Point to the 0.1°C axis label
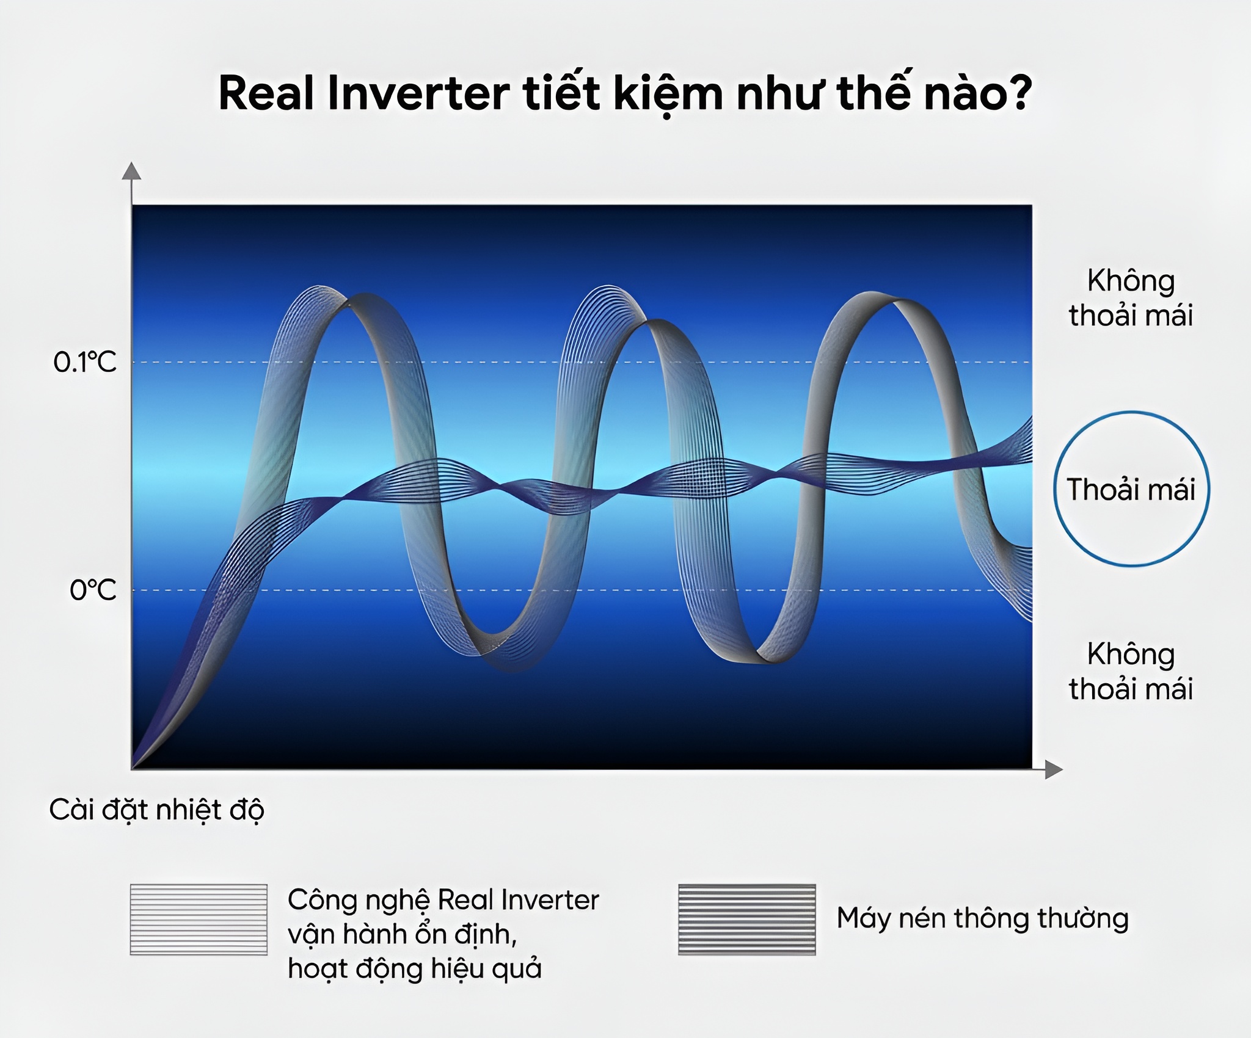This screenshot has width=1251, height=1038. click(x=85, y=363)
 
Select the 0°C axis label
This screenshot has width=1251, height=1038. click(x=93, y=590)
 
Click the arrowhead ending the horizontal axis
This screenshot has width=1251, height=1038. click(x=1053, y=769)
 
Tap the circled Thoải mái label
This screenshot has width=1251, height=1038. click(x=1131, y=489)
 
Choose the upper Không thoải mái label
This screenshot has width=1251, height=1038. click(x=1131, y=298)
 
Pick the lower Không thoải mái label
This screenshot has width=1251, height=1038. click(x=1131, y=671)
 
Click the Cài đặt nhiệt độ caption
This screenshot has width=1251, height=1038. click(x=157, y=810)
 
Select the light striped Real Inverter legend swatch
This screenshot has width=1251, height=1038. click(x=199, y=919)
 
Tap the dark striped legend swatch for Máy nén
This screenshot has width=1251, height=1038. click(x=746, y=919)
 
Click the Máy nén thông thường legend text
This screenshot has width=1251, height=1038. click(x=982, y=918)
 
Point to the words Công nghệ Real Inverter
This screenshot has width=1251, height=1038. click(x=443, y=900)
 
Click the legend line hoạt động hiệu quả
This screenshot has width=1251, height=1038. click(x=415, y=969)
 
